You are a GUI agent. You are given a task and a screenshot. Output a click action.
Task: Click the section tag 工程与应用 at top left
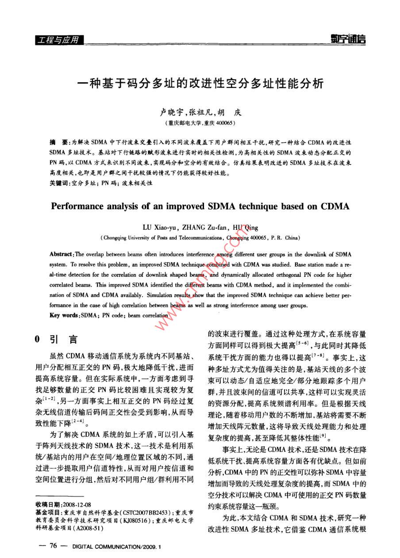coord(58,40)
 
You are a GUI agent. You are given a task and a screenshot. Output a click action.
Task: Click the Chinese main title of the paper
coord(200,83)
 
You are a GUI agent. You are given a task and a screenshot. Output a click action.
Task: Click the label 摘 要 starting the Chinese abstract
coord(58,143)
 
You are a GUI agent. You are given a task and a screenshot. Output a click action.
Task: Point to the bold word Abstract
coord(62,255)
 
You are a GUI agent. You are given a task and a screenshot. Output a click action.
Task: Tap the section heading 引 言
coord(63,340)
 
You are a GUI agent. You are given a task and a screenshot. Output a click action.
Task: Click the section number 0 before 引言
coord(38,340)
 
